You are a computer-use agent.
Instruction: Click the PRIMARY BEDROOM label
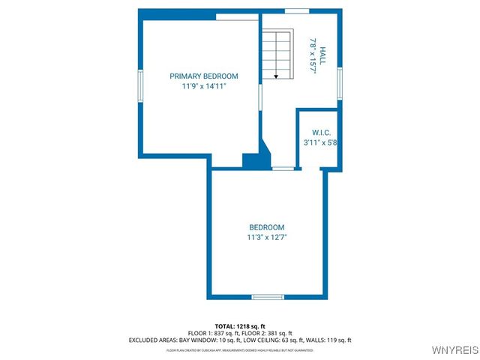click(203, 76)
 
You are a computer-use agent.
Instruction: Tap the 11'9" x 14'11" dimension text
click(203, 87)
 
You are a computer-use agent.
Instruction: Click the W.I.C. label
click(321, 132)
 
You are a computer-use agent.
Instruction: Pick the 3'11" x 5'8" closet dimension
click(320, 142)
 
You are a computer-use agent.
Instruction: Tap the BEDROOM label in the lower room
click(267, 227)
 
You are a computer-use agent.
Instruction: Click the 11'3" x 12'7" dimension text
click(267, 237)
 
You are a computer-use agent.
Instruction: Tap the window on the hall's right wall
click(340, 82)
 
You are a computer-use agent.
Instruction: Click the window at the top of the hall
click(297, 11)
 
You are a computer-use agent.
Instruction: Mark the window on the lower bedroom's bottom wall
click(268, 297)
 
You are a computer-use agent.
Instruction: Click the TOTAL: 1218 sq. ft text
click(240, 326)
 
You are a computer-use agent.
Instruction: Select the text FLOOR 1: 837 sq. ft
click(212, 333)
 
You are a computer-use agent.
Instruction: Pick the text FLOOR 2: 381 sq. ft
click(268, 333)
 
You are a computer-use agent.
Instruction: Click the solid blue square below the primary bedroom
click(250, 161)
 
